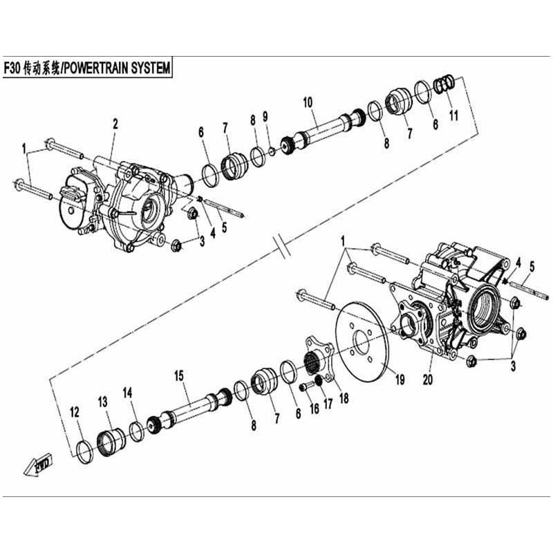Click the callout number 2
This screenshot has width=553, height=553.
click(115, 124)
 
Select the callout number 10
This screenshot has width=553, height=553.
click(308, 102)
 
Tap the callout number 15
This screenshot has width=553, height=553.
click(179, 376)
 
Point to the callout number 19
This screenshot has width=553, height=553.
click(400, 379)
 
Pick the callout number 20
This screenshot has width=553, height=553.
click(427, 379)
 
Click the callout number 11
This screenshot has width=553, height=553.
click(453, 115)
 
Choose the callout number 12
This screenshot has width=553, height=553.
click(75, 412)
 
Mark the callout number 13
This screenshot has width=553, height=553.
click(102, 402)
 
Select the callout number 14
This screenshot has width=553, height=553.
click(127, 393)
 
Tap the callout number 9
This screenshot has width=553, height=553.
click(265, 116)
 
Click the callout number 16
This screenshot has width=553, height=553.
click(315, 409)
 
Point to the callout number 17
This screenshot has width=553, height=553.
click(328, 404)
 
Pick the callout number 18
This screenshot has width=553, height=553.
click(344, 398)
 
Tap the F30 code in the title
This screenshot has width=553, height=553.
click(12, 68)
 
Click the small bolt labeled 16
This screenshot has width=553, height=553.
click(306, 386)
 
